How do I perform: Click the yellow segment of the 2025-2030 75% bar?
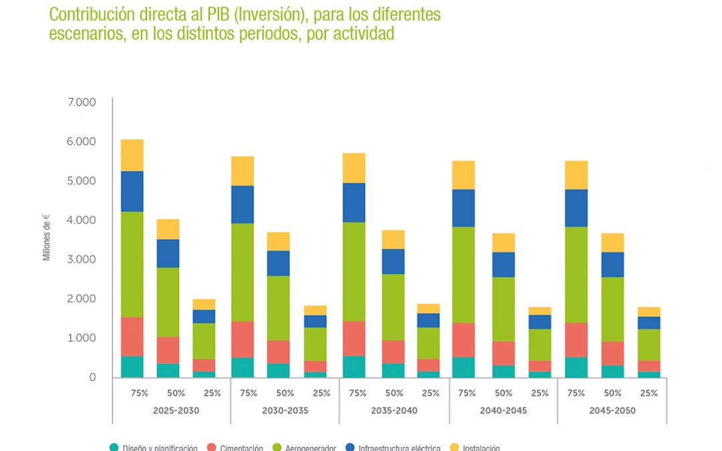(132, 155)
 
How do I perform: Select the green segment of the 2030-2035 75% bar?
(243, 272)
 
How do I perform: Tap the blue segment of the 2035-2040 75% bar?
(354, 202)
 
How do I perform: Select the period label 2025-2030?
(176, 410)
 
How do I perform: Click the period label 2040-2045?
(503, 410)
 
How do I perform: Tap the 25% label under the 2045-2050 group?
(648, 393)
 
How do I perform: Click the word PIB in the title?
(211, 14)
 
